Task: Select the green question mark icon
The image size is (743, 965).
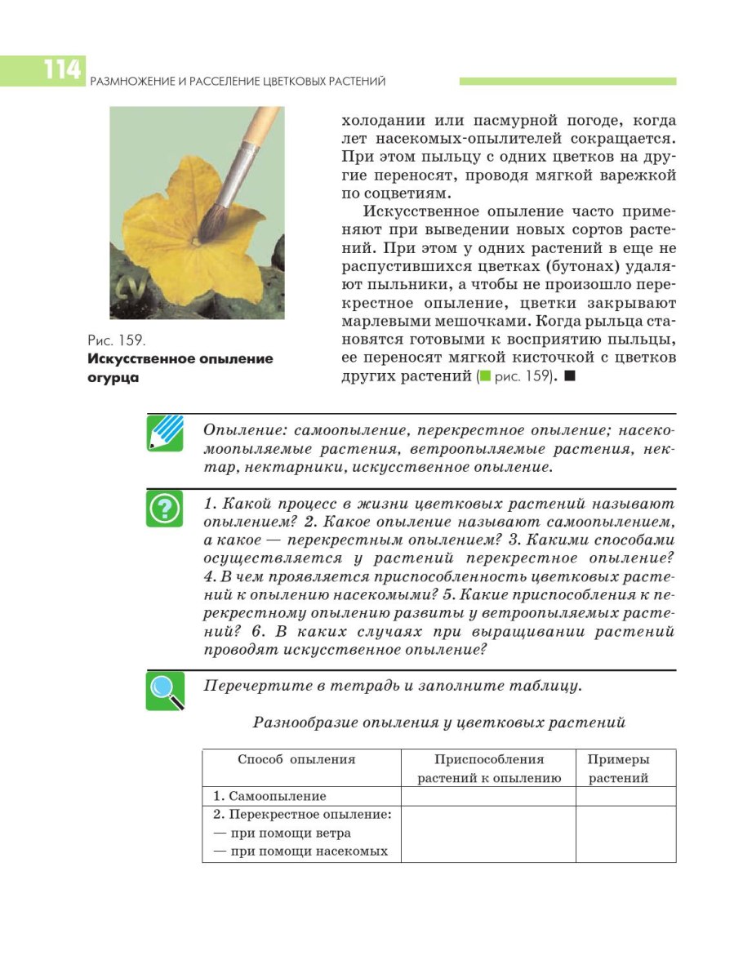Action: (x=164, y=509)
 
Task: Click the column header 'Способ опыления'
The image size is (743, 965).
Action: (x=296, y=759)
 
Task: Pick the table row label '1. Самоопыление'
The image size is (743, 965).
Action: (x=269, y=796)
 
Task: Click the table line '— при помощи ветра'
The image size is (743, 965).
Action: (x=282, y=833)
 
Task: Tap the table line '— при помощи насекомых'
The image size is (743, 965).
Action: (x=300, y=852)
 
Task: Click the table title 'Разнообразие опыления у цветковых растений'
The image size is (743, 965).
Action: (x=439, y=723)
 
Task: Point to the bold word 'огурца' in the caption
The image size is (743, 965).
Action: (x=112, y=377)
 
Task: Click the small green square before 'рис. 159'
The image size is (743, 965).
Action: (x=484, y=377)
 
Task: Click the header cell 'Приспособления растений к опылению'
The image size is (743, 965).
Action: (x=489, y=768)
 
